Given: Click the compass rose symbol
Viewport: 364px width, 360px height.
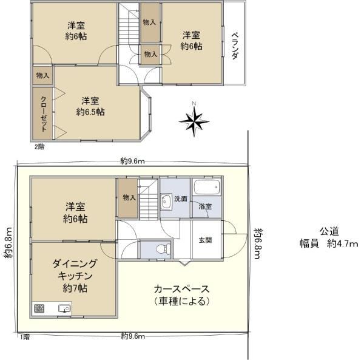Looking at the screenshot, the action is [194, 120].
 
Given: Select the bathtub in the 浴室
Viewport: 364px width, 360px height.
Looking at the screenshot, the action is [207, 187].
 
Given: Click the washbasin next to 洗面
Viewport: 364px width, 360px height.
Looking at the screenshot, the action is [166, 202].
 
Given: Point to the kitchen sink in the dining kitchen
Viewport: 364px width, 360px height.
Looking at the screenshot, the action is [64, 308].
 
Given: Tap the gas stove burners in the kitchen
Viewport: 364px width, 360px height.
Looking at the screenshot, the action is [39, 308].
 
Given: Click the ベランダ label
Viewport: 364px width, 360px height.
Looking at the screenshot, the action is [235, 46].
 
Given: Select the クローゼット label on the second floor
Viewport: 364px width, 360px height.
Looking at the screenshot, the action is [44, 114].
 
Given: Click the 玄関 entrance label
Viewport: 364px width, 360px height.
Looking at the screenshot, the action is [205, 240].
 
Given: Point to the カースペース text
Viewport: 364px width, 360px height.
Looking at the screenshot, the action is [182, 289].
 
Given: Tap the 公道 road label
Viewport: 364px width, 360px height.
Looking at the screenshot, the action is [329, 231].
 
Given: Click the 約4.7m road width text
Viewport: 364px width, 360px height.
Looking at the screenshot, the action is [342, 243].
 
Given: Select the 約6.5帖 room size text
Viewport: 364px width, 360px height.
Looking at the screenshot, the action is [90, 112].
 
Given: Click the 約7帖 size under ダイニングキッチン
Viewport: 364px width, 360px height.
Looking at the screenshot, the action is [75, 288].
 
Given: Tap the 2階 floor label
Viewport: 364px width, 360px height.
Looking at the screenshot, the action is [39, 147].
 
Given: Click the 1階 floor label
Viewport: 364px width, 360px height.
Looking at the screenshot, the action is [25, 337].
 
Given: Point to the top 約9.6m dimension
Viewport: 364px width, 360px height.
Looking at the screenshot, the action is [132, 161].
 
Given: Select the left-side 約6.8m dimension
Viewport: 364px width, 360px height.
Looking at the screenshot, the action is [8, 242].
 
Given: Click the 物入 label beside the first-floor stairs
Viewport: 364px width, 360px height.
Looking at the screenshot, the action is [129, 198].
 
